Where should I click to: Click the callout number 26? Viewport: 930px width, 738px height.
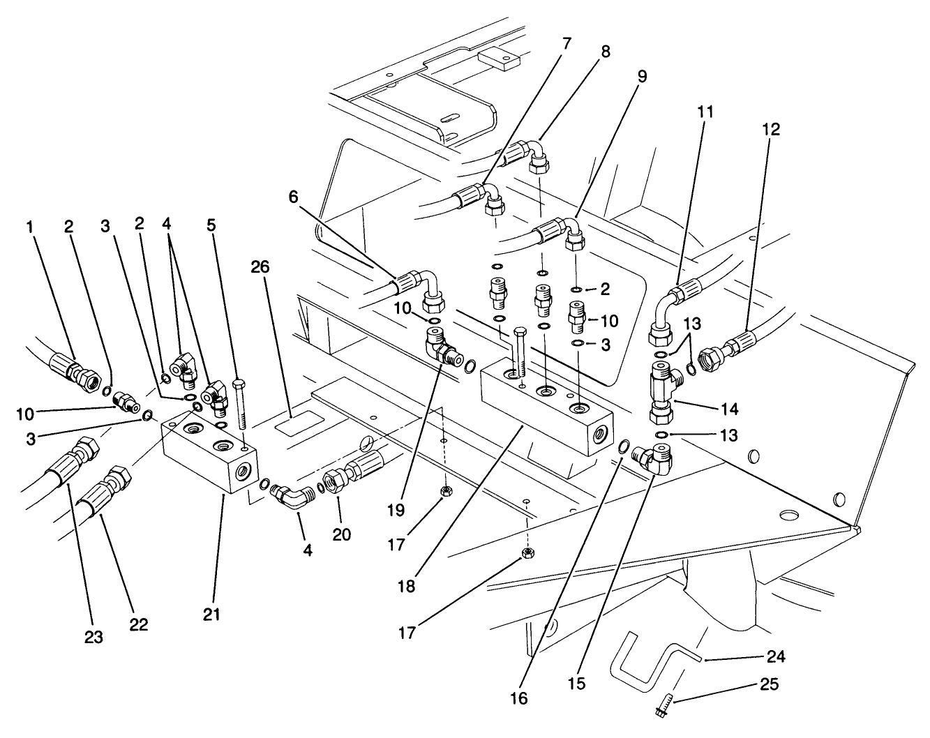tap(261, 267)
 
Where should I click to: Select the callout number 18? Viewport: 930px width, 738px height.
tap(407, 587)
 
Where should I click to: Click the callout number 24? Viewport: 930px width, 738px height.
tap(776, 656)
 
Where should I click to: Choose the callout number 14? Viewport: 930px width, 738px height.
tap(725, 407)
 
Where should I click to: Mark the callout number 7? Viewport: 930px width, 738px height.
tap(566, 43)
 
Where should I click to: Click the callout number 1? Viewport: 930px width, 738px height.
tap(31, 226)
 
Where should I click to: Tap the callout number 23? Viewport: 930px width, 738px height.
tap(93, 636)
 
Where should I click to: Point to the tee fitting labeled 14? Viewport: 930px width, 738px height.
tap(660, 391)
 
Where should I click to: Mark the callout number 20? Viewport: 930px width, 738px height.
tap(341, 534)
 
